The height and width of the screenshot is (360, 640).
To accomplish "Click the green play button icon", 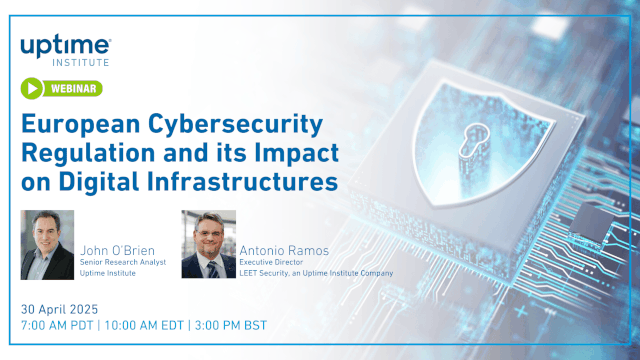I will click(34, 89).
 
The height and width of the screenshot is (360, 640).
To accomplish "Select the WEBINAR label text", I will click(73, 89).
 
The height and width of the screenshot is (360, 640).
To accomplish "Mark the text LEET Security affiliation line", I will click(315, 273).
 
